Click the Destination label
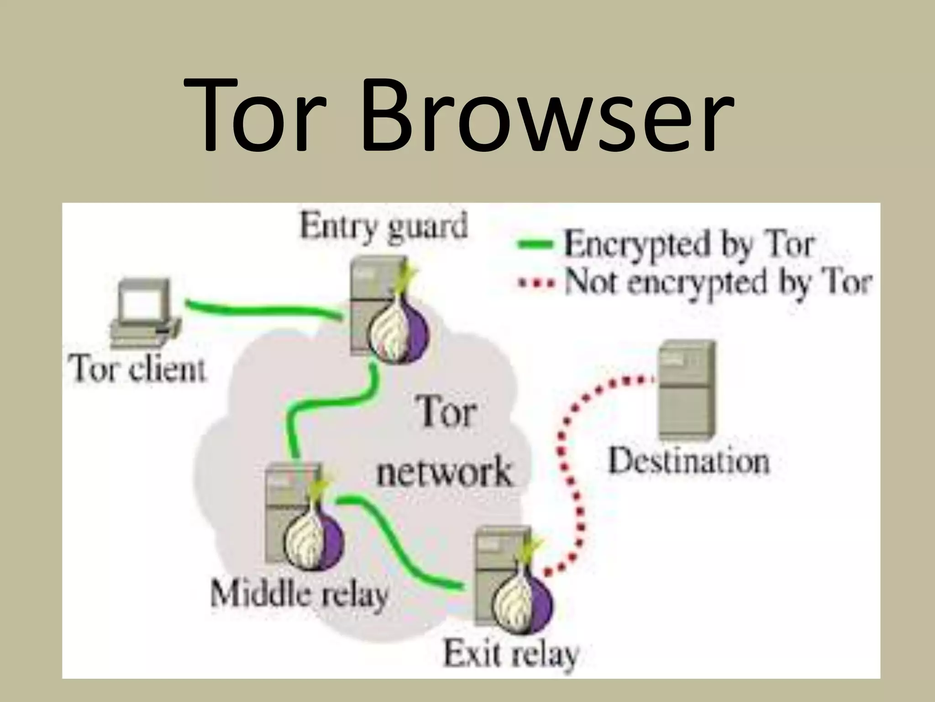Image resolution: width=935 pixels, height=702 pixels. click(x=689, y=462)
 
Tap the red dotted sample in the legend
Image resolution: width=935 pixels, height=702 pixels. click(x=536, y=283)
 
